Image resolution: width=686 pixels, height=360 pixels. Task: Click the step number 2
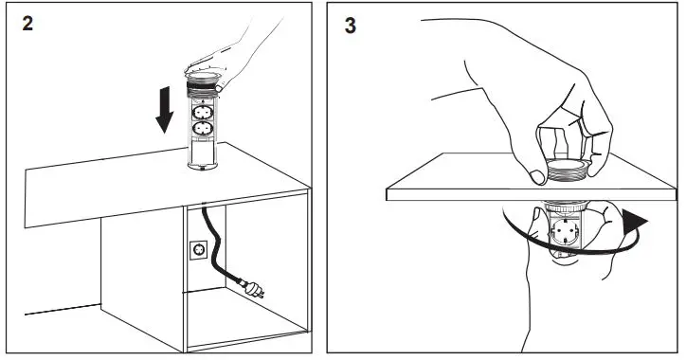tap(29, 24)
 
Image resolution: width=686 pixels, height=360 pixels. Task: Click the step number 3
tap(351, 26)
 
